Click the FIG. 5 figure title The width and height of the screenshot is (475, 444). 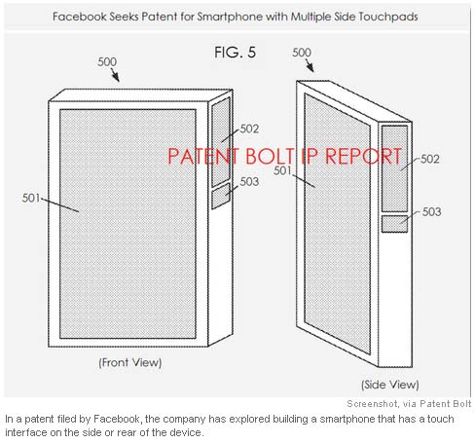pos(236,53)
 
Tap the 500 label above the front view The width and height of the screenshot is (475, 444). pos(107,61)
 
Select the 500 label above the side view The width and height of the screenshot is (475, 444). pos(302,53)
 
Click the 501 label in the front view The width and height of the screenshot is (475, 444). pos(31,198)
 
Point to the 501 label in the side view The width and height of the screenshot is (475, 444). pos(282,170)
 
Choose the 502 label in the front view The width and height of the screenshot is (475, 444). pos(249,129)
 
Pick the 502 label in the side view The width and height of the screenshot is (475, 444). pos(430,159)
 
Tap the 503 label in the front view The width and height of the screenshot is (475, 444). pos(249,182)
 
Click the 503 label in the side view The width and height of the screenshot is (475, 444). pos(431,212)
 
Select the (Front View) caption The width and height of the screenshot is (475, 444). pos(130,362)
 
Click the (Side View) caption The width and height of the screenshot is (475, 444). pos(390,385)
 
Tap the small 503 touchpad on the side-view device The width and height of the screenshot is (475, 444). pos(394,224)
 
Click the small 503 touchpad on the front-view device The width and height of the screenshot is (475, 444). pos(221,196)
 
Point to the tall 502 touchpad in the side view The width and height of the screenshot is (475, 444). pos(394,168)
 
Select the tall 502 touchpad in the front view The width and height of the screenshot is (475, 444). pos(221,142)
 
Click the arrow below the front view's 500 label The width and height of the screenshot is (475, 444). pos(115,75)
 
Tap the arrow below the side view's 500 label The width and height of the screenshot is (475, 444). pos(310,65)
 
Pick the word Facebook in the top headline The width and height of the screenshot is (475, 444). pos(79,17)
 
